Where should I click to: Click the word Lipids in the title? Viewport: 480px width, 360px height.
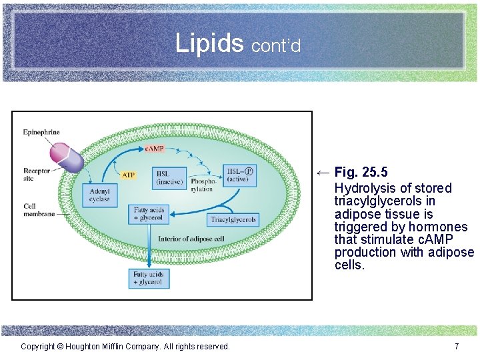209,43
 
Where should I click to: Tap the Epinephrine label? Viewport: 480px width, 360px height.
41,132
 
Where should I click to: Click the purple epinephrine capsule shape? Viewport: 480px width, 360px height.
65,157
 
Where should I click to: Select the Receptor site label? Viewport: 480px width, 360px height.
37,174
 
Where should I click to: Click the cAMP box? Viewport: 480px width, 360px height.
154,148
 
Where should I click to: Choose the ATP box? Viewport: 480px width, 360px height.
129,175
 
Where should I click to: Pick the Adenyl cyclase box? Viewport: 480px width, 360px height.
99,195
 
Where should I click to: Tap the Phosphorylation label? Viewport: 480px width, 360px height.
203,185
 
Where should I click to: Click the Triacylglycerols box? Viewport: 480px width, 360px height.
233,219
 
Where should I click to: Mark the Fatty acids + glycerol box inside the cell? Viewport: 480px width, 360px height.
148,214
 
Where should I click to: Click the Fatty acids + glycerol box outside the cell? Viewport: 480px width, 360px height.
148,278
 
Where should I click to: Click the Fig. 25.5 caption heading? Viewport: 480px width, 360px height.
361,173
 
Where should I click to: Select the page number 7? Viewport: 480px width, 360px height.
456,347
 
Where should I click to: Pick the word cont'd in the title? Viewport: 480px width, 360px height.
276,46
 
